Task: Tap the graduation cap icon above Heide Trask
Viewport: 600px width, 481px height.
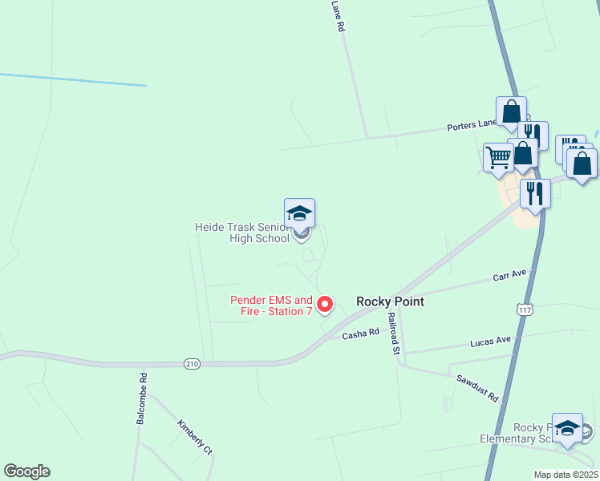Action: click(x=299, y=212)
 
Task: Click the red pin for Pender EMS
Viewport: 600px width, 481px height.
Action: click(x=325, y=304)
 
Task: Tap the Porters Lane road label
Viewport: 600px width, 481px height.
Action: click(x=472, y=125)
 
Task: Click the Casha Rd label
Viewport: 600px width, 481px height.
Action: click(x=360, y=333)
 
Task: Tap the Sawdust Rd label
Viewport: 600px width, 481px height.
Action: click(x=477, y=388)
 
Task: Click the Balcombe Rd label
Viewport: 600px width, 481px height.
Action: click(x=142, y=398)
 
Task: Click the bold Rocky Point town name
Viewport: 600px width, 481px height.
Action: click(x=390, y=301)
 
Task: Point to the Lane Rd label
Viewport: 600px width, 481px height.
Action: click(x=339, y=15)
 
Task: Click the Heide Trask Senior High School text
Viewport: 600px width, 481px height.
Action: click(x=242, y=232)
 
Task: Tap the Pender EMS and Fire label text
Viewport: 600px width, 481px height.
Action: click(x=271, y=305)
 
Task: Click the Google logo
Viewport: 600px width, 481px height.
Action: click(x=26, y=471)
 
